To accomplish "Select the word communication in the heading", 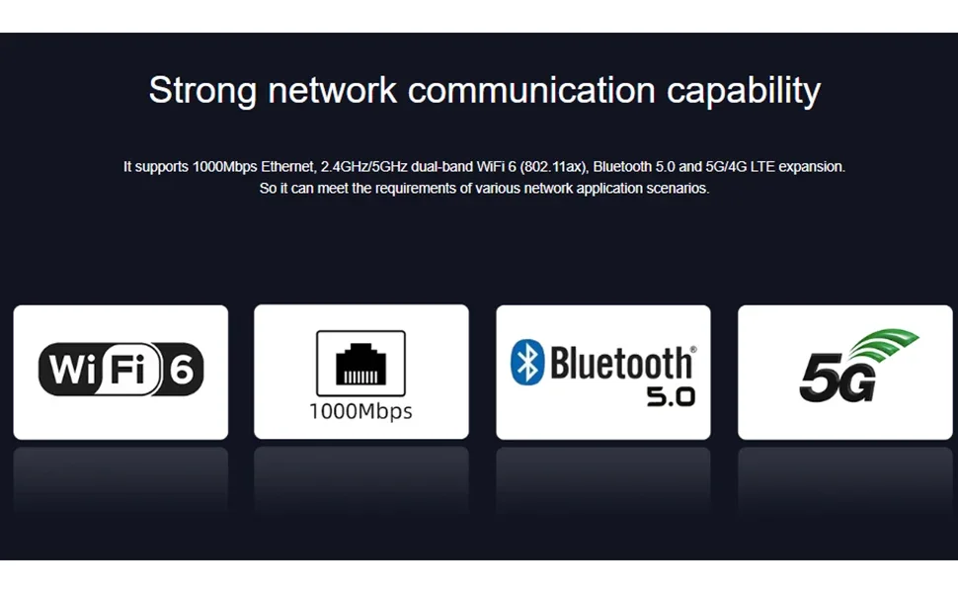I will [531, 90].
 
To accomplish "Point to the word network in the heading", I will [332, 90].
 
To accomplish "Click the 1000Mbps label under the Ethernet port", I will [360, 411].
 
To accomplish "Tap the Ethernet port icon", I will [360, 364].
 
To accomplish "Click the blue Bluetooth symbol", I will [527, 362].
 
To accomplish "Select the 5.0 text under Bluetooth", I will [671, 396].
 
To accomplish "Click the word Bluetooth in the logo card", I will [621, 363].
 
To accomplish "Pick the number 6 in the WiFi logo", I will [182, 371].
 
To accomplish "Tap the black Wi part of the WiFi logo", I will [73, 371].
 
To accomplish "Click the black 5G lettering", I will [837, 379].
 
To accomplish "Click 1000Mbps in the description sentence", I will [225, 167].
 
